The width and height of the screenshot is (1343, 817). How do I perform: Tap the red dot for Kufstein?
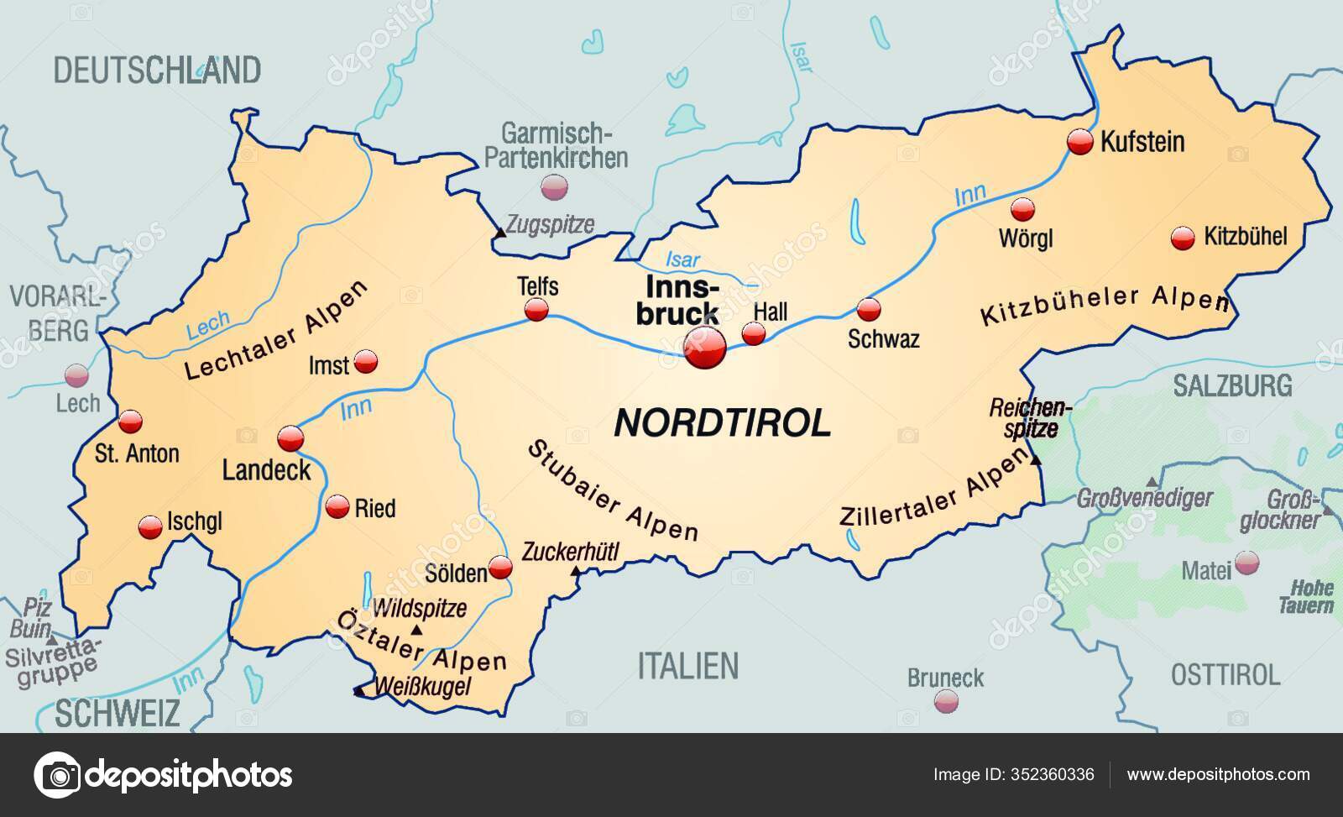click(x=1080, y=142)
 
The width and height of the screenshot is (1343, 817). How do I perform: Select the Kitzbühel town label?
click(x=1245, y=236)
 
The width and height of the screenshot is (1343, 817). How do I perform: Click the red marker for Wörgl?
click(x=1022, y=210)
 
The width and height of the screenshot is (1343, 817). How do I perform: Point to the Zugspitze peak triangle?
click(x=500, y=232)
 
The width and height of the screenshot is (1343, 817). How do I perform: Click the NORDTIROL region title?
click(x=723, y=423)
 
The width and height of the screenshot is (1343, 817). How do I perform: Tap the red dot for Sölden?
click(x=500, y=568)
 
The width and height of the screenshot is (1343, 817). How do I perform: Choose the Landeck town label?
click(x=266, y=470)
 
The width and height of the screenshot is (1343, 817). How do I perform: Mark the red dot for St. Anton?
click(x=131, y=422)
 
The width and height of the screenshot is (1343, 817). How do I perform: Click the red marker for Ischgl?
click(x=150, y=526)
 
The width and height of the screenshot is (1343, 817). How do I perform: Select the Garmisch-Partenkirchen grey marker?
click(x=553, y=187)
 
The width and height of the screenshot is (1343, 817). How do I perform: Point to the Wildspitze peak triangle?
click(x=416, y=630)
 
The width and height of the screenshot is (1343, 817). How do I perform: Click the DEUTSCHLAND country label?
click(x=157, y=70)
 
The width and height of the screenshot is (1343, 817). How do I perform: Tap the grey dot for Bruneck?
click(x=946, y=699)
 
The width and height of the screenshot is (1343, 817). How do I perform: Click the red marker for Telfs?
click(x=536, y=311)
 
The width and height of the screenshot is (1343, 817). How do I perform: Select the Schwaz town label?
click(x=883, y=339)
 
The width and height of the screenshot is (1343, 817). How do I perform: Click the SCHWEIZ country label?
click(x=118, y=713)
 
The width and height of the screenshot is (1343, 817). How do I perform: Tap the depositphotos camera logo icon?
click(x=57, y=774)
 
